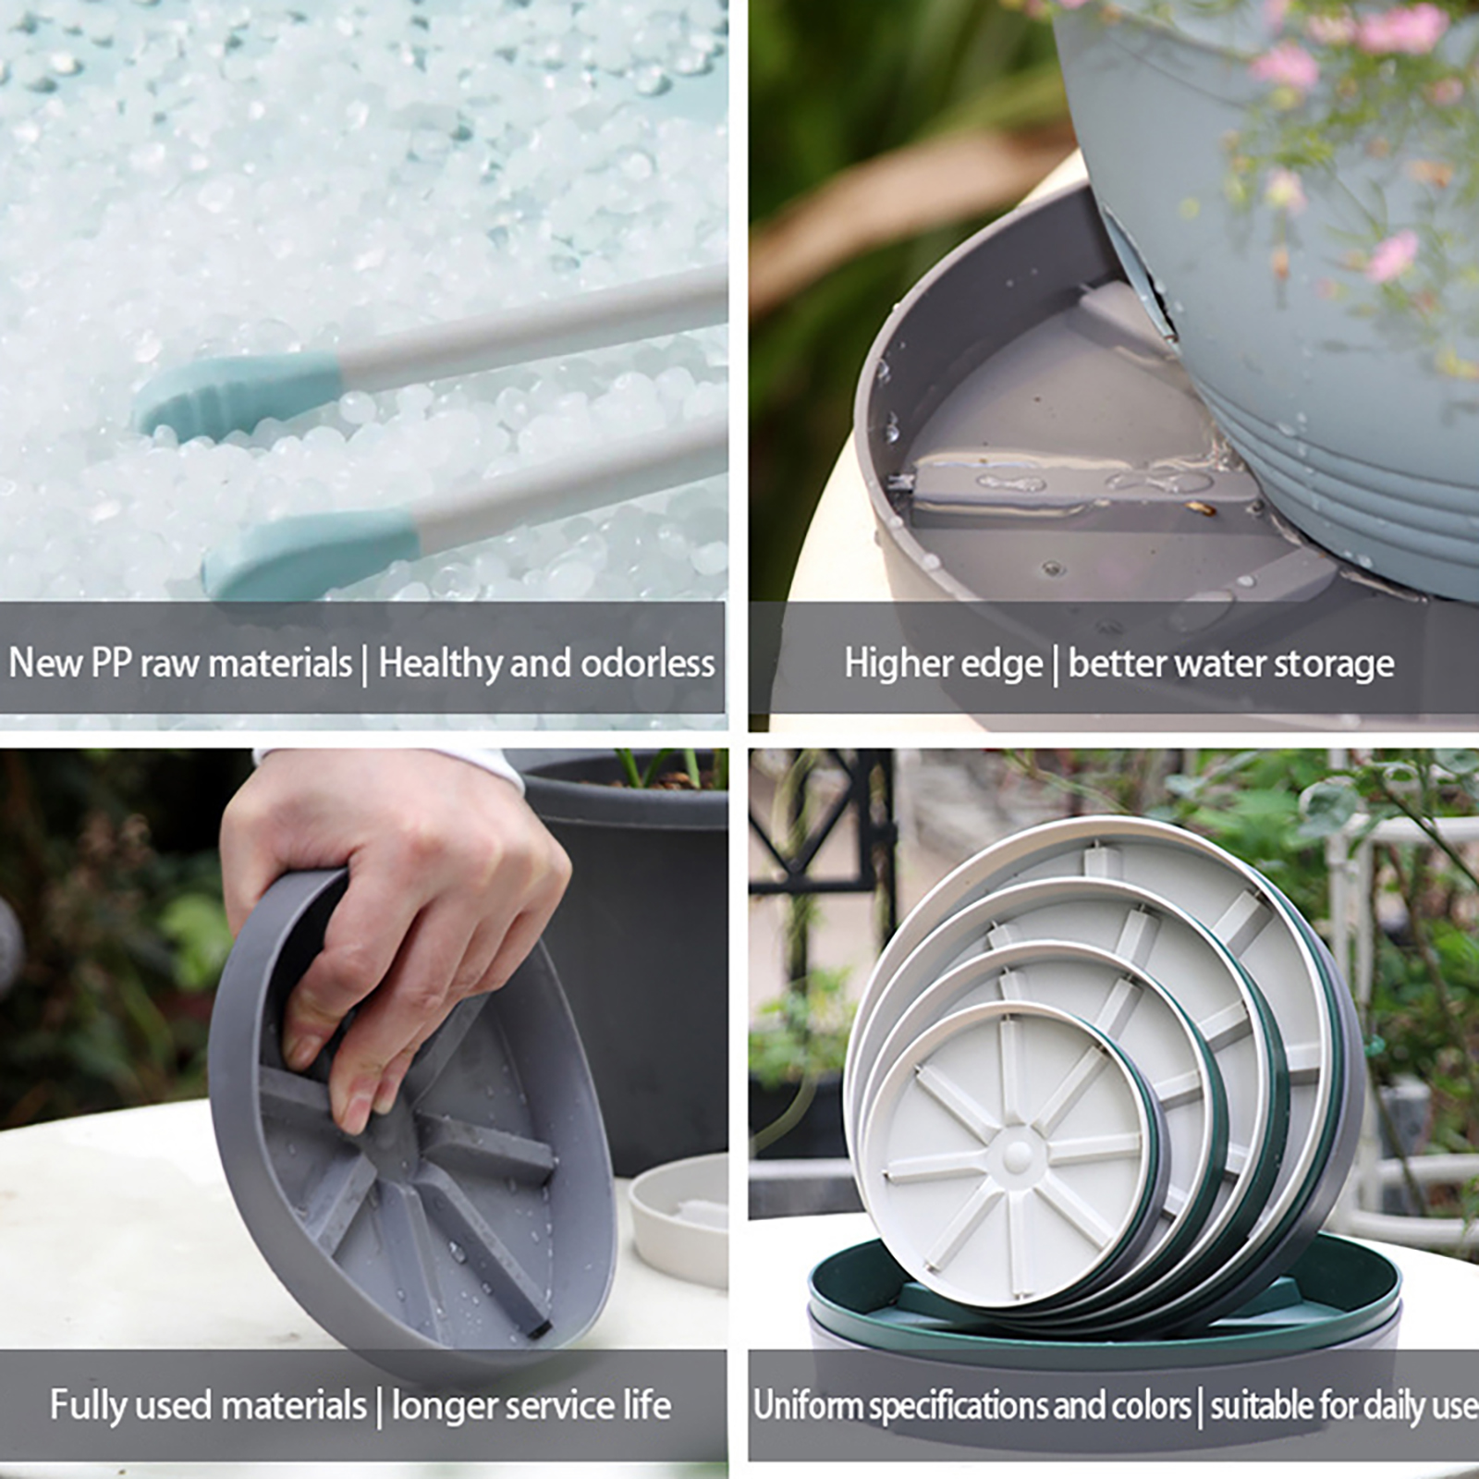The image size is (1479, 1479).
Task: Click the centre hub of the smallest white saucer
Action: tap(1015, 1155)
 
